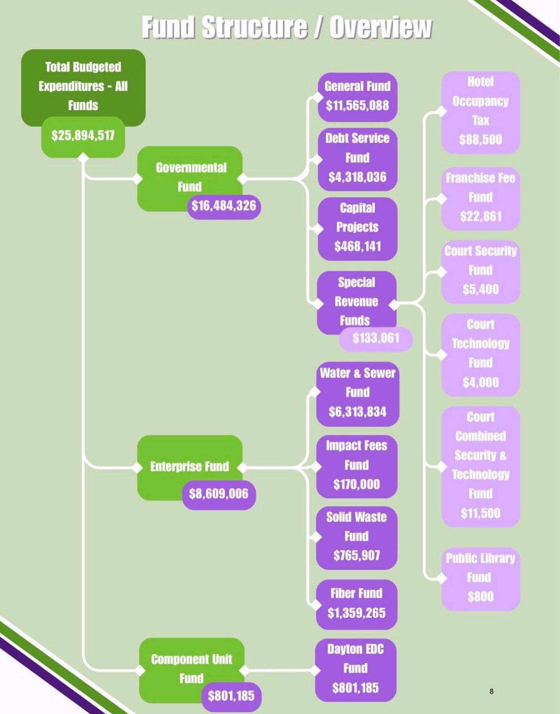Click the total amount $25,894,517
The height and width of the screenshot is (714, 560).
83,136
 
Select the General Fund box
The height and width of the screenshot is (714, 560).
357,96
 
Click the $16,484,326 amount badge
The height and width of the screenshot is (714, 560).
224,207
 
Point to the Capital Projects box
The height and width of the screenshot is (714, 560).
357,228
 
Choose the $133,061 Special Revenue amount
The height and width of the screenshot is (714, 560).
376,338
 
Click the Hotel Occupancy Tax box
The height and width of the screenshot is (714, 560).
480,112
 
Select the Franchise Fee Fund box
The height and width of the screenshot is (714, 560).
480,198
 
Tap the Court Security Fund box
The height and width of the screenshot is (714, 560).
480,271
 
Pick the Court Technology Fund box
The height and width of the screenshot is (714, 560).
480,354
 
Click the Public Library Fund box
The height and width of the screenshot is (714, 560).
480,578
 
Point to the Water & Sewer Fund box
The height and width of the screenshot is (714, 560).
357,393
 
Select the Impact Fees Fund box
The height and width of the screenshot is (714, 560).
356,465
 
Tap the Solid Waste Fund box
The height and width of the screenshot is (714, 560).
356,537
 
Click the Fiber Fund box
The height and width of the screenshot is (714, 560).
356,604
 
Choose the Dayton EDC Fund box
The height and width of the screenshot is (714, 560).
356,669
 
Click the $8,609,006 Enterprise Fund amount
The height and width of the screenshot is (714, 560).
219,494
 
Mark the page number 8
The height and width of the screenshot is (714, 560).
491,691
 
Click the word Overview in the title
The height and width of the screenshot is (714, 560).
381,28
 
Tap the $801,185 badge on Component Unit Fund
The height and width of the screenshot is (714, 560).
231,696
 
